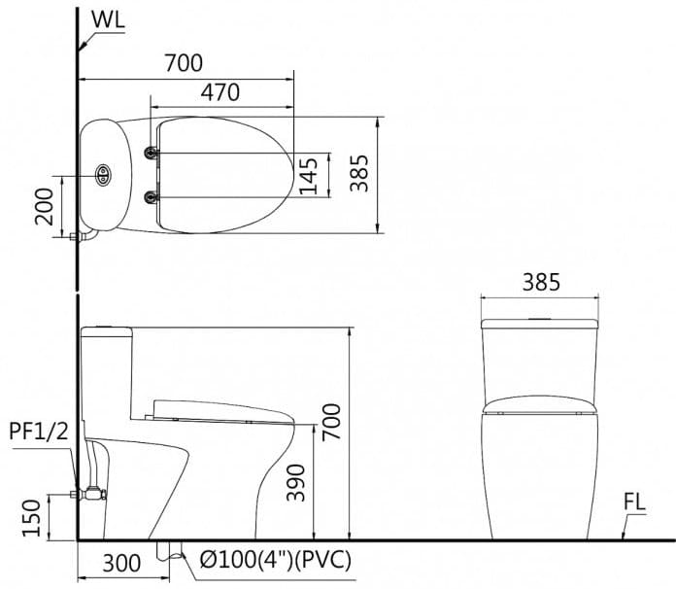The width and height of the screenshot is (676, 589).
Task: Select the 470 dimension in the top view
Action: (220, 91)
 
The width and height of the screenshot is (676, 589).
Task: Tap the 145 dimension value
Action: (309, 176)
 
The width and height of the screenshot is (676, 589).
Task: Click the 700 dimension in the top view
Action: (184, 63)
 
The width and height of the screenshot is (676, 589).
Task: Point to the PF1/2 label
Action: (39, 432)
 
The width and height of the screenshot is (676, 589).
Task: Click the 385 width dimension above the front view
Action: (541, 282)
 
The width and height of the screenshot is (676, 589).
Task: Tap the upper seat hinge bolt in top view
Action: (150, 153)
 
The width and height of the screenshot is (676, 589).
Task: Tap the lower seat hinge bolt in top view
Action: (150, 197)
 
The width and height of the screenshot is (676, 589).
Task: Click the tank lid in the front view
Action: (540, 318)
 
